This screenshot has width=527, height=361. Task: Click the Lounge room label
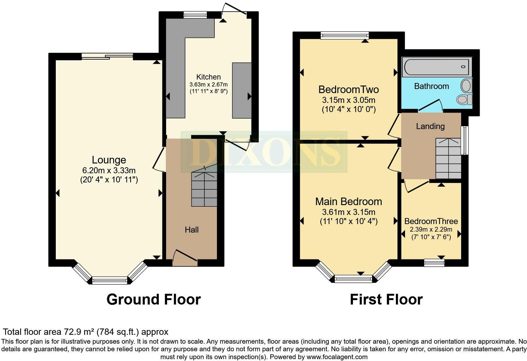pos(109,160)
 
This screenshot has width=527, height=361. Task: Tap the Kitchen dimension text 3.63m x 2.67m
pos(208,85)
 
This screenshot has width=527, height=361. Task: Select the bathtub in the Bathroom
pos(437,67)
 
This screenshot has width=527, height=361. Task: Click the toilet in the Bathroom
pos(464,99)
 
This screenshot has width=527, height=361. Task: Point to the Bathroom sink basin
pos(466,86)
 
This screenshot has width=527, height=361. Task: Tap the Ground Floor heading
pos(153,299)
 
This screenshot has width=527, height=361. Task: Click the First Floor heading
pos(386,299)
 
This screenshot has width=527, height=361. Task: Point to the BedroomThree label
pos(431,221)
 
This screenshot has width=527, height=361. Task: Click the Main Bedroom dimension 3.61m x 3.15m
pos(348,212)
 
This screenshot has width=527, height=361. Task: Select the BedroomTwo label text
pos(348,90)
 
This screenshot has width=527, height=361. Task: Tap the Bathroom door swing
pos(430,106)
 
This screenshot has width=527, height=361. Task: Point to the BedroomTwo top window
pos(345,35)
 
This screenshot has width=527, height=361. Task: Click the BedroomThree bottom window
pos(434,263)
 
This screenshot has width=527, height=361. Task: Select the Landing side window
pos(465,140)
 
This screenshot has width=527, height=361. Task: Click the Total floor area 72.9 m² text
pos(85,332)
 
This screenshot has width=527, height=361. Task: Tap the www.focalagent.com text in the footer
pos(337,357)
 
